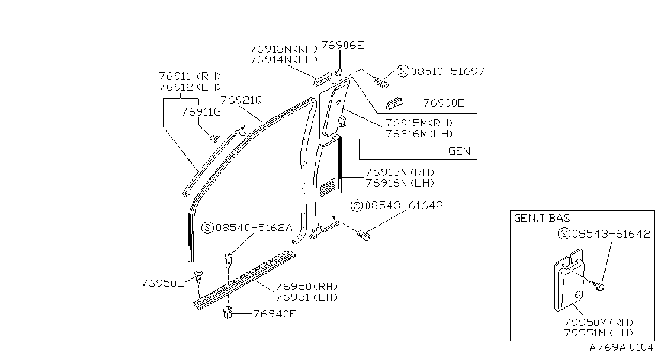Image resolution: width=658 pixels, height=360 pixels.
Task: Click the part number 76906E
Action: pos(342,45)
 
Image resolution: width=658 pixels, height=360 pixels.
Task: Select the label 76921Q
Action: pos(241,100)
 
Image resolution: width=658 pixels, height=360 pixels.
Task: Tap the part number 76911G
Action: pos(201,112)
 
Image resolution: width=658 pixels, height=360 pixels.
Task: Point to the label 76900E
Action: pos(443,103)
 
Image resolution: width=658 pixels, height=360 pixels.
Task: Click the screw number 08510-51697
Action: pos(448,71)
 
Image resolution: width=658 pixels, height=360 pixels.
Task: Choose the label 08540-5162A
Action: pos(254,228)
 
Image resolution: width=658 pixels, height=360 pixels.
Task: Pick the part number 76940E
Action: pos(274,314)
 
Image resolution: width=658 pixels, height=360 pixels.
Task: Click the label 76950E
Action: pos(162,283)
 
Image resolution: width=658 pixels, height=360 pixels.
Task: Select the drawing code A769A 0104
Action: pos(621,348)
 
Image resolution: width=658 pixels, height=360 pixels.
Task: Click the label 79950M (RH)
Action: pos(599,322)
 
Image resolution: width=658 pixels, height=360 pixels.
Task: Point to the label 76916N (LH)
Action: pos(400,183)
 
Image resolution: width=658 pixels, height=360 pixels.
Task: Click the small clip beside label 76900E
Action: pos(394,104)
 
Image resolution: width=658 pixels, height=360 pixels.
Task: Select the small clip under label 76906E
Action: pos(338,71)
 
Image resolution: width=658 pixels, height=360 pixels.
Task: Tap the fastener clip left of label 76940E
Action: pos(228,313)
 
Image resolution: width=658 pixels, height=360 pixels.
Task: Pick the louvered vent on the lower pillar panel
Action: pos(328,187)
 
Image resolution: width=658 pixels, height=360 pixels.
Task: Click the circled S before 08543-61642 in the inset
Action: pos(564,234)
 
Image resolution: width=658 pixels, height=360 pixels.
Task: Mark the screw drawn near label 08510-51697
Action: pos(381,82)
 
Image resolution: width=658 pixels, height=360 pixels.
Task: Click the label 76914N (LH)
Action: pos(284,59)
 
